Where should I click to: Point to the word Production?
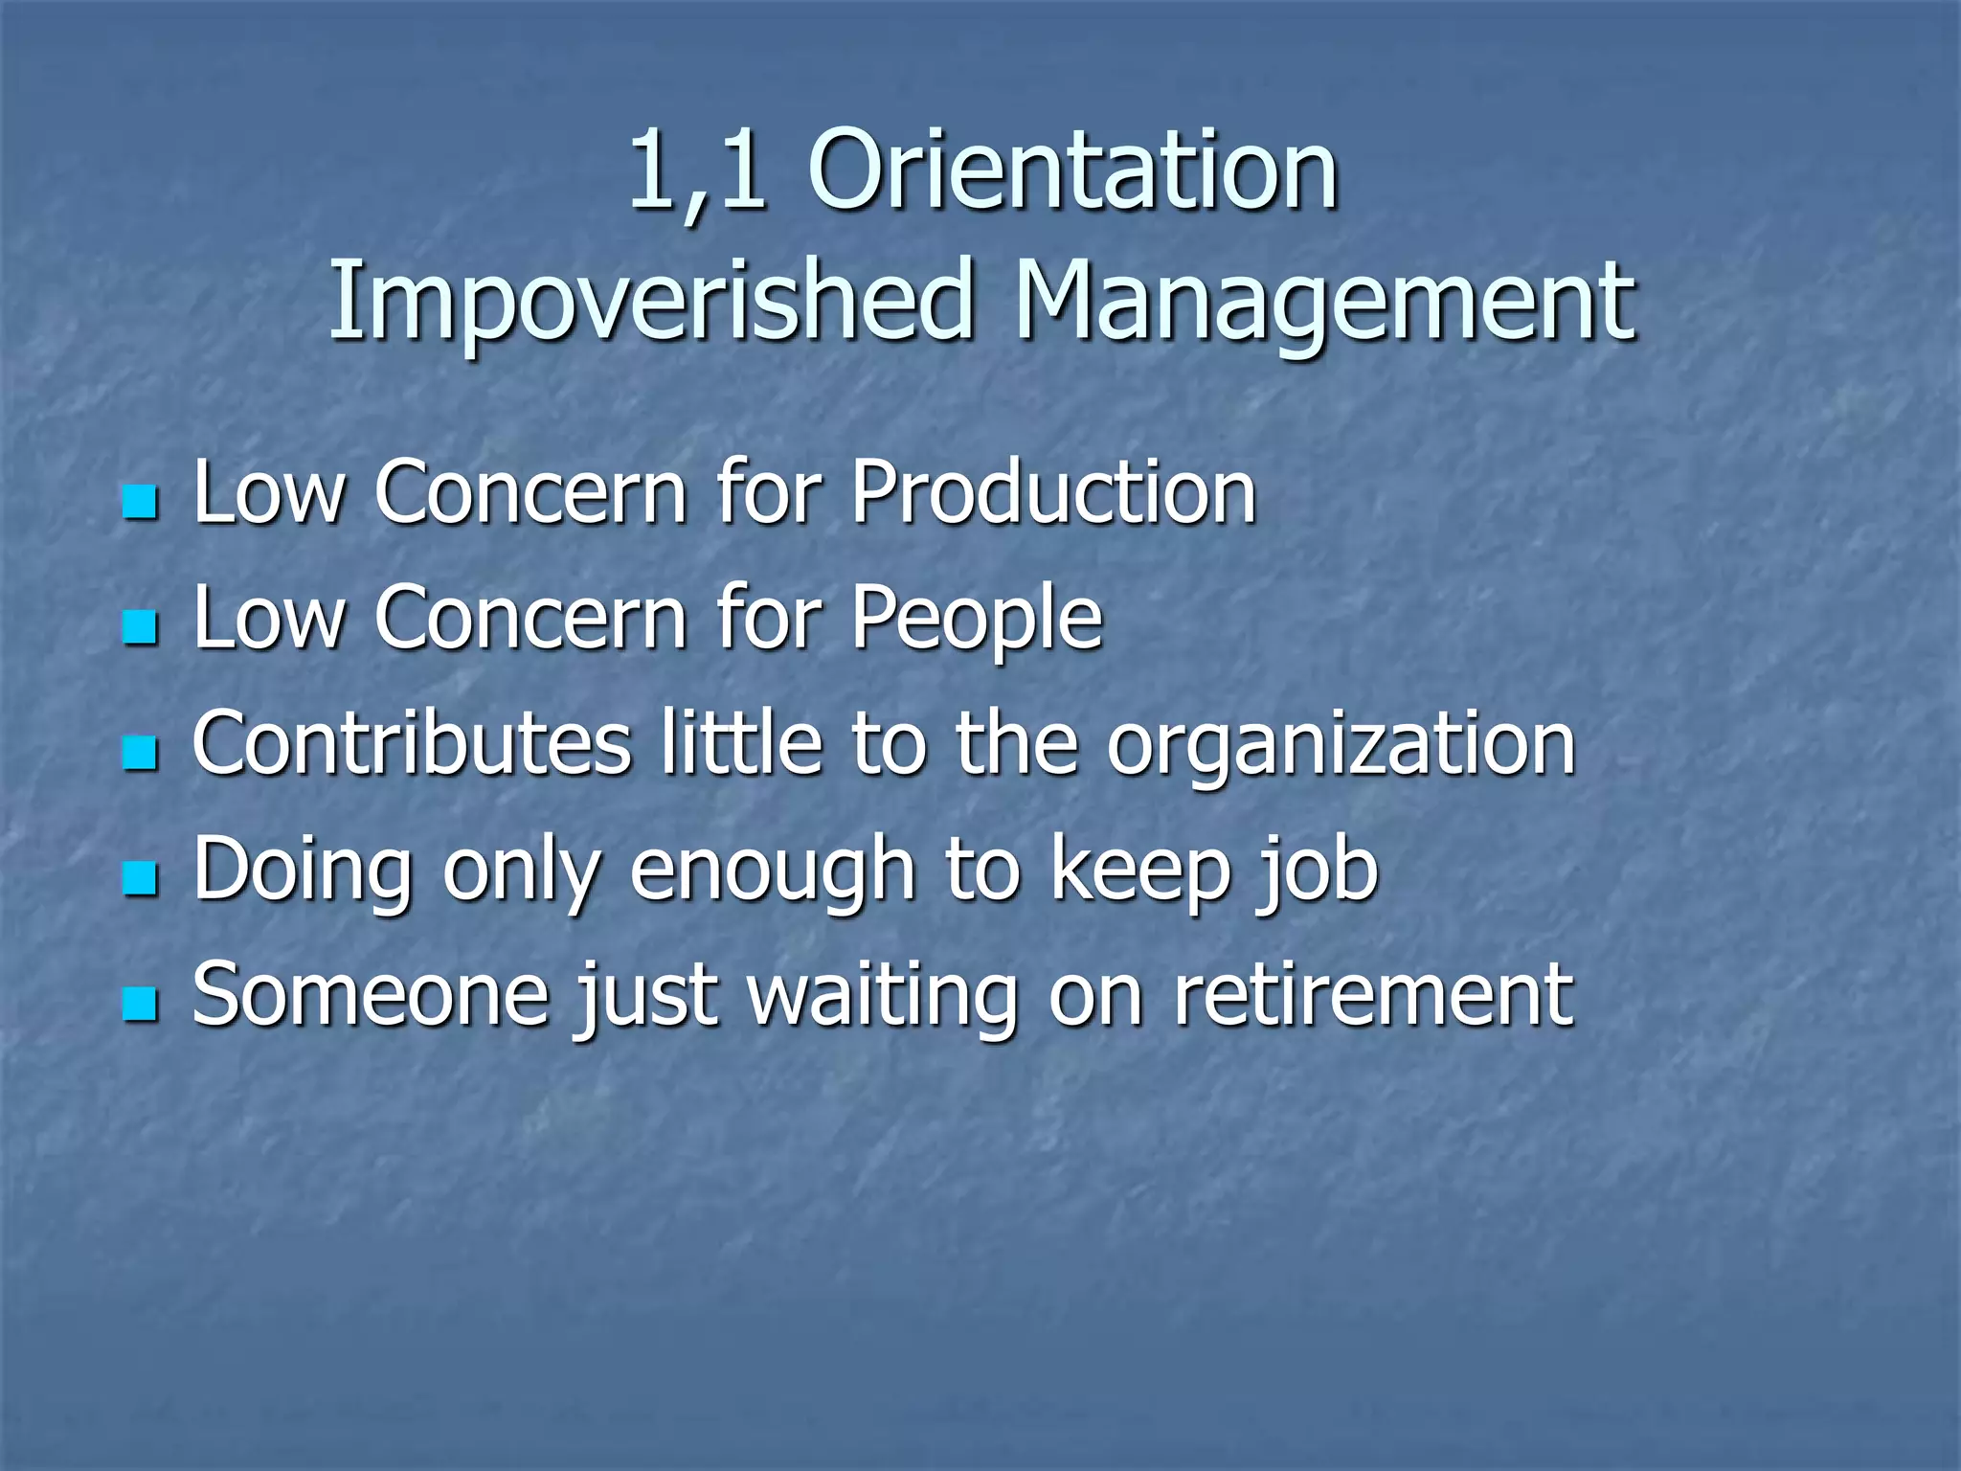[1053, 492]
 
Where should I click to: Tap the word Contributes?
[412, 744]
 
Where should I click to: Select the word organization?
[1341, 746]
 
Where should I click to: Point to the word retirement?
[1373, 996]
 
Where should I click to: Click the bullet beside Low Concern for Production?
[141, 502]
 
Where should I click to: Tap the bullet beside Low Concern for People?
[141, 627]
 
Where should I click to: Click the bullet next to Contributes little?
[141, 753]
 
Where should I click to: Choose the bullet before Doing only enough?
[141, 878]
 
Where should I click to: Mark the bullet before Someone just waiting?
[141, 1005]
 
